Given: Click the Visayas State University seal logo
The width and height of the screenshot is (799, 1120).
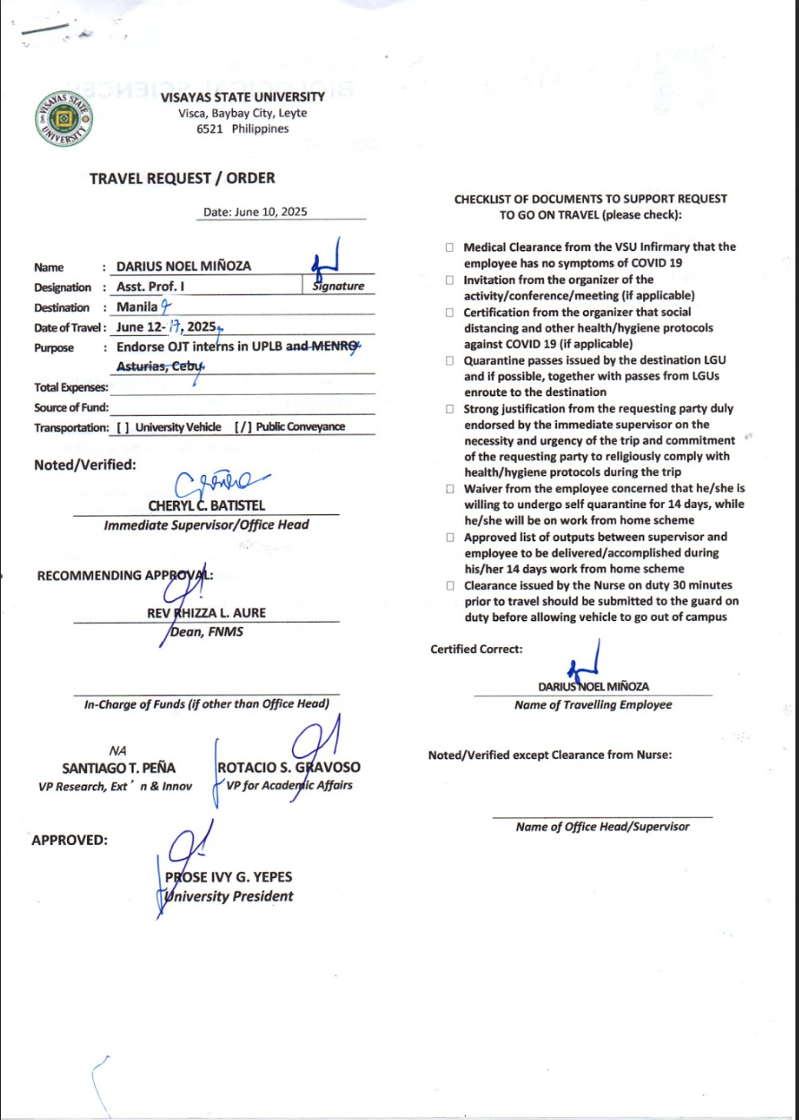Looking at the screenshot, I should click(63, 118).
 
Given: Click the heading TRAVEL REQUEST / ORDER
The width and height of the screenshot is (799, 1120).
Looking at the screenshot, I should click(182, 178).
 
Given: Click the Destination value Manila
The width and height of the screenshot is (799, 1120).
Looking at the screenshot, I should click(137, 306).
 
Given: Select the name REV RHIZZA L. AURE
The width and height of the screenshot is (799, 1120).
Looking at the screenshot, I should click(206, 614).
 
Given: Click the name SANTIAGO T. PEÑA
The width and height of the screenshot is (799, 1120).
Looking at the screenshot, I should click(118, 768).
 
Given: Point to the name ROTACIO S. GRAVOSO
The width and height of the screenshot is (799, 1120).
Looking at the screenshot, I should click(288, 768).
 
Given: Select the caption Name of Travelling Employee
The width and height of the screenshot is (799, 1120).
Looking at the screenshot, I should click(592, 705).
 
